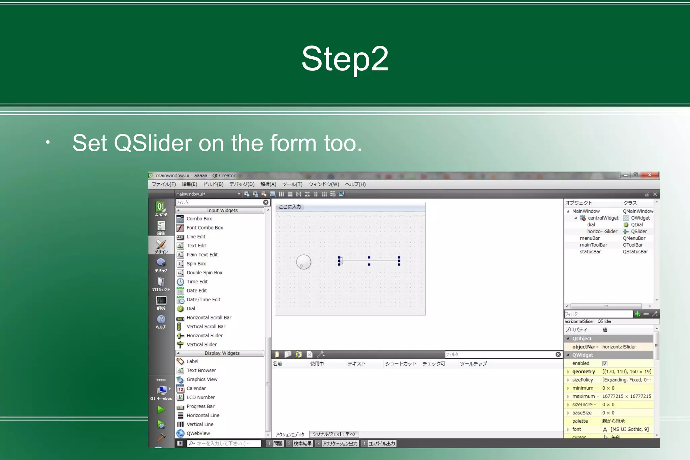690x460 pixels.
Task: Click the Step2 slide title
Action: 345,59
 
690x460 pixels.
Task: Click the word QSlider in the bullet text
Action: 153,143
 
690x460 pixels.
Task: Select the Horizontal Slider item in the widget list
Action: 205,336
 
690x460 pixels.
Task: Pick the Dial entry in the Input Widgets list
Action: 191,309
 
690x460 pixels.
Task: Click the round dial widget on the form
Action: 304,262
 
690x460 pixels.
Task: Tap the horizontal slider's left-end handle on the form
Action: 340,260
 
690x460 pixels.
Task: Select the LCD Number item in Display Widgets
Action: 200,397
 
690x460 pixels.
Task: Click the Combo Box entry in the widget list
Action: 199,219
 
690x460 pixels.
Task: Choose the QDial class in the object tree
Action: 636,225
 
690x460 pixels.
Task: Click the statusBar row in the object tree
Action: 590,252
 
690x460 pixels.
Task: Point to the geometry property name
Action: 584,372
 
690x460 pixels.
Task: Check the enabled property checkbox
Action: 605,364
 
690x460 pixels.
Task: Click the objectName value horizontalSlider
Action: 619,347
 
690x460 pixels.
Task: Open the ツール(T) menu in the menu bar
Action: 292,184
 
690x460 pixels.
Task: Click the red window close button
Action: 650,175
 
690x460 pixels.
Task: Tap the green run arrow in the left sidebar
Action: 161,410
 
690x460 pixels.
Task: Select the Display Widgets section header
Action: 222,353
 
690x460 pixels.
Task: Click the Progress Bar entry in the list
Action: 200,406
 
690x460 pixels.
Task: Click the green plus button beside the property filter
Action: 637,314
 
